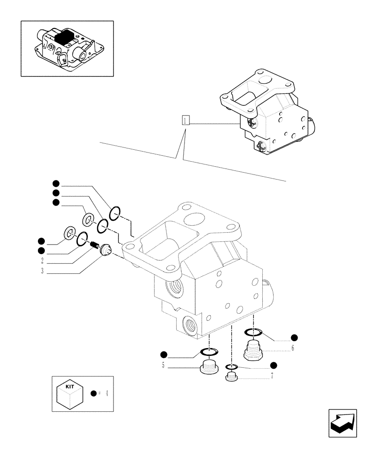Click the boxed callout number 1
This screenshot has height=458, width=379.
point(185,121)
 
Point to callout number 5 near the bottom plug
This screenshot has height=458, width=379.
point(163,365)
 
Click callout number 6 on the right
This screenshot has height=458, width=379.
point(292,348)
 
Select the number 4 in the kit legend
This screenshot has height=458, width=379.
point(106,393)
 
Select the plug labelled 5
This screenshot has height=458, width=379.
point(209,367)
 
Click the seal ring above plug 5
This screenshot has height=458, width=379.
point(209,352)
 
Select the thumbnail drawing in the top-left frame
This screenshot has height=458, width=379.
point(67,48)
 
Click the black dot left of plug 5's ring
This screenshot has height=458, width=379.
point(163,354)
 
